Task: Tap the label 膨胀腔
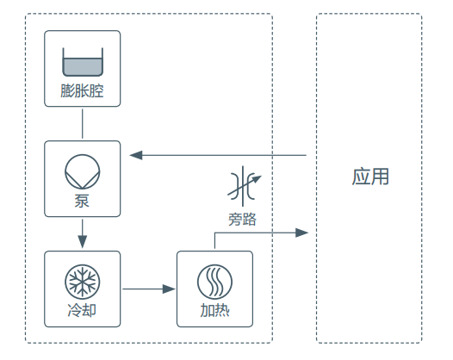(82, 90)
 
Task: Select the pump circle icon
(83, 171)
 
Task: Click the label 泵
(82, 201)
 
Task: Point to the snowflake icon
(83, 282)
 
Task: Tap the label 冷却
(82, 311)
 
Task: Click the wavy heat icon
(214, 282)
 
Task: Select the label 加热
(214, 311)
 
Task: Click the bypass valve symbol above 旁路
(244, 186)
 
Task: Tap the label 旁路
(242, 219)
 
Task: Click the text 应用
(370, 177)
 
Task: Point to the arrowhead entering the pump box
(136, 155)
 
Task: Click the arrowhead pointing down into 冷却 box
(83, 241)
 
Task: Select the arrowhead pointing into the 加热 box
(169, 289)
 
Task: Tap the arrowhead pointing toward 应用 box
(302, 233)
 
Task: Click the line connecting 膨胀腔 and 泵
(83, 124)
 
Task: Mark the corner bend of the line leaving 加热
(214, 233)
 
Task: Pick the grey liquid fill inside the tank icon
(83, 66)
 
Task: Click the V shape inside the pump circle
(83, 180)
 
